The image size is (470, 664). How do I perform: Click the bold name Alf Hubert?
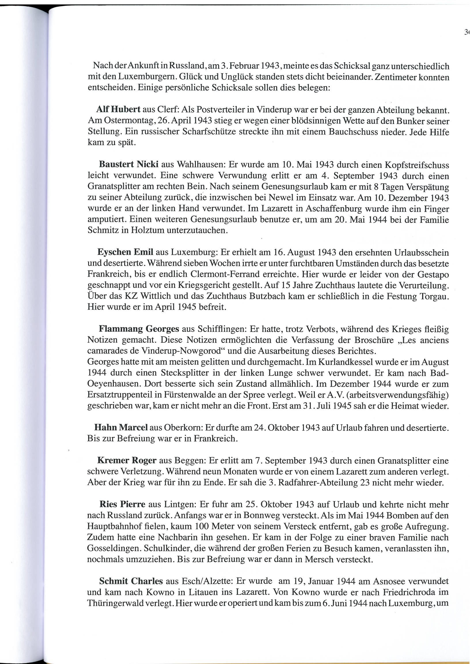click(118, 110)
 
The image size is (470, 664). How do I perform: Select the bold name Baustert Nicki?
click(128, 164)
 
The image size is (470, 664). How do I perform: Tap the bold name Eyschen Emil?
click(125, 252)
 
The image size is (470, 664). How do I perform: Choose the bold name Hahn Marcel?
click(121, 427)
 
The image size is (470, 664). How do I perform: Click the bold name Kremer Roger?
click(127, 460)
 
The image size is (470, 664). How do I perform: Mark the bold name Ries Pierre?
click(122, 504)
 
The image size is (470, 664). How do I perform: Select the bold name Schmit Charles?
click(131, 581)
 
